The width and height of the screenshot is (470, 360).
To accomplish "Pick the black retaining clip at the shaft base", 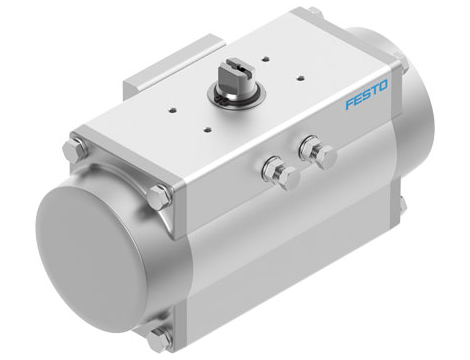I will click(x=236, y=94).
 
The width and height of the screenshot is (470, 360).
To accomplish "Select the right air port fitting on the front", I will click(x=320, y=153).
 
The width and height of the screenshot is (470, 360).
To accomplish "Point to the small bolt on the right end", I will click(x=402, y=205).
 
